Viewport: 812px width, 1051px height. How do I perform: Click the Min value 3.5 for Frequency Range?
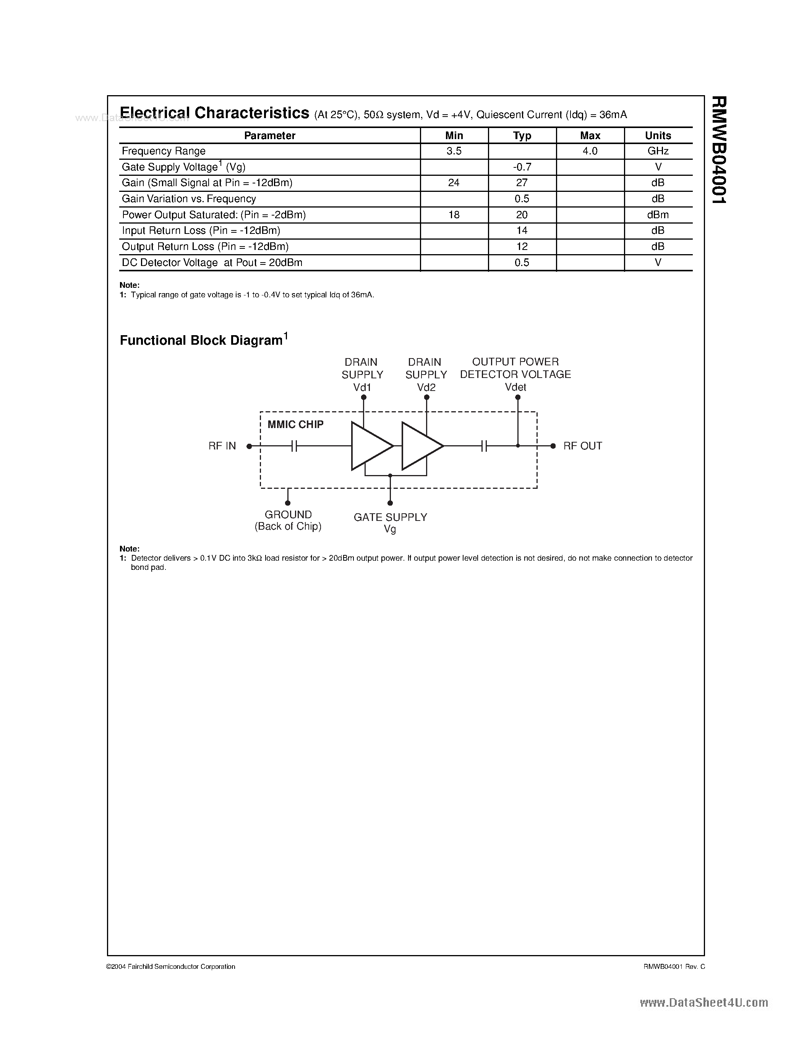454,151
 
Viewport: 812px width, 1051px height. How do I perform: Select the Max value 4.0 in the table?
590,151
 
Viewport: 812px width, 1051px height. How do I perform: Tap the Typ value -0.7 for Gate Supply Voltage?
522,167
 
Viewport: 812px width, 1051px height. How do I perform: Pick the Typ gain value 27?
522,183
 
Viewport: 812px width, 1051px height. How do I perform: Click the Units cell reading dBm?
658,215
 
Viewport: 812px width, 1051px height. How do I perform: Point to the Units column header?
658,136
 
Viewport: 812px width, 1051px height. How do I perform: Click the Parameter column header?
269,136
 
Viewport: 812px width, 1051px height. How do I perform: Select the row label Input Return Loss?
201,230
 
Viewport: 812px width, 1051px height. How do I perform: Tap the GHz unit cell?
658,151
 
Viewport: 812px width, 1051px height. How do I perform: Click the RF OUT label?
583,446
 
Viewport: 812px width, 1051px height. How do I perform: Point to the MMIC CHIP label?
295,425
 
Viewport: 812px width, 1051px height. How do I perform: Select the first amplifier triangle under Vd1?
370,446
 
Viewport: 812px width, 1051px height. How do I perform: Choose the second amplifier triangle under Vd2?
420,446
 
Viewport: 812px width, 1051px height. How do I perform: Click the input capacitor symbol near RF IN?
294,446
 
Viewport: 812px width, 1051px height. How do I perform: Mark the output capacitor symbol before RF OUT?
484,446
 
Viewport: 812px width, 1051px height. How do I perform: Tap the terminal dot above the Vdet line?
518,397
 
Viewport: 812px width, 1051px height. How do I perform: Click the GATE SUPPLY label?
390,517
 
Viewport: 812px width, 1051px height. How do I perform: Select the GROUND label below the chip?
288,515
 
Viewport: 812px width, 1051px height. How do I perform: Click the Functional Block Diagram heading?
201,340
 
